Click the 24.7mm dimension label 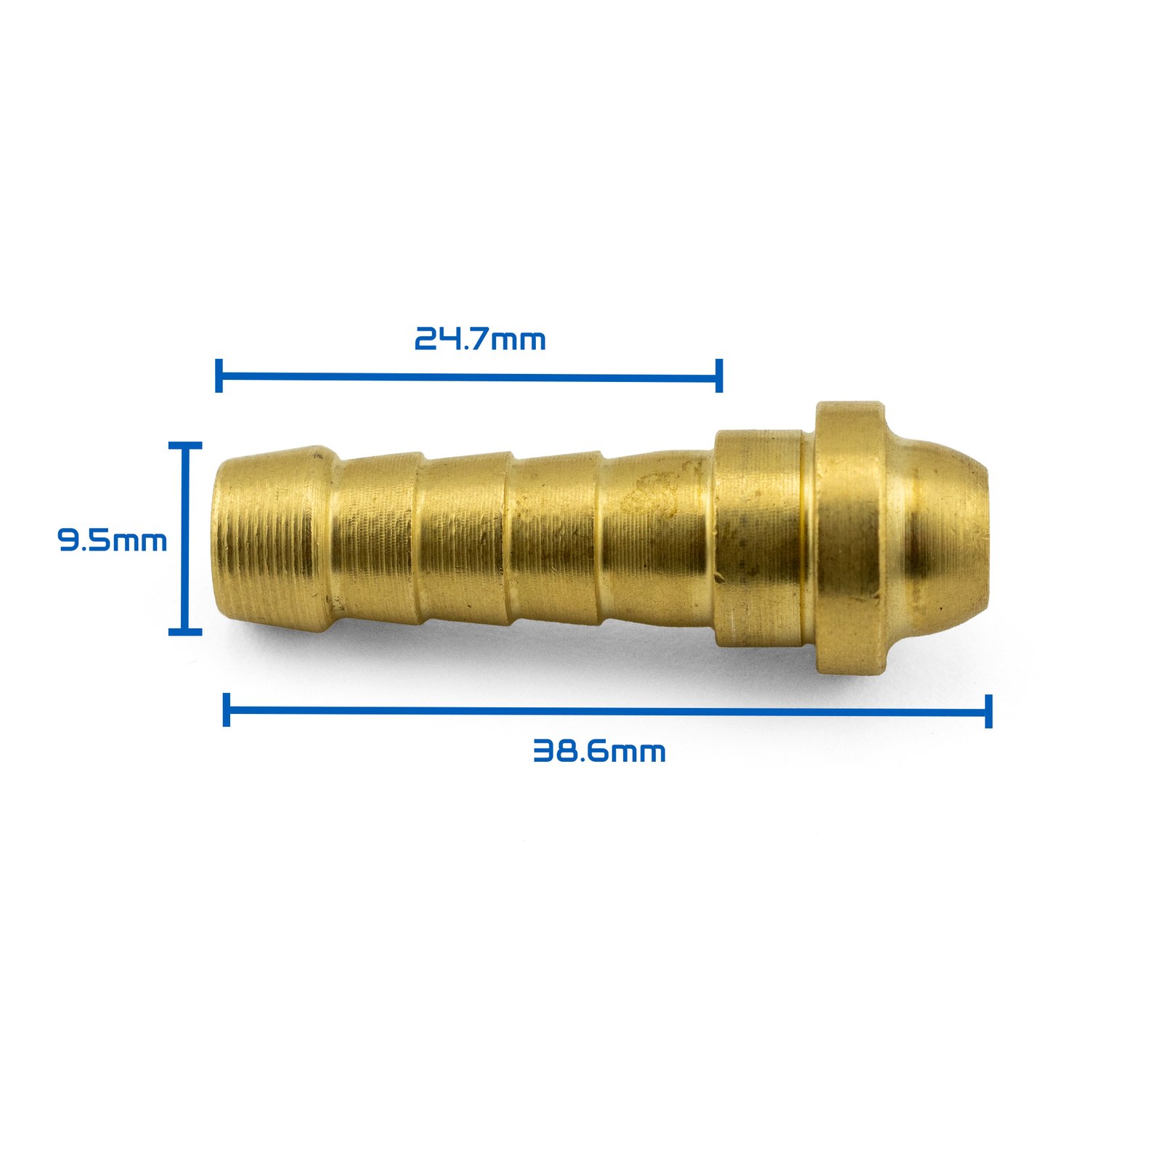[x=480, y=339]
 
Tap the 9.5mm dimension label [x=113, y=540]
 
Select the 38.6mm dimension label [x=599, y=751]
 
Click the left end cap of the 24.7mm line [x=219, y=375]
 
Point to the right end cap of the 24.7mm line [x=719, y=375]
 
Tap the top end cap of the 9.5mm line [x=185, y=444]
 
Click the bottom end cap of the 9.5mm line [x=185, y=632]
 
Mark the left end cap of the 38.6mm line [x=227, y=710]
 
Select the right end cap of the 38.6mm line [x=988, y=711]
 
